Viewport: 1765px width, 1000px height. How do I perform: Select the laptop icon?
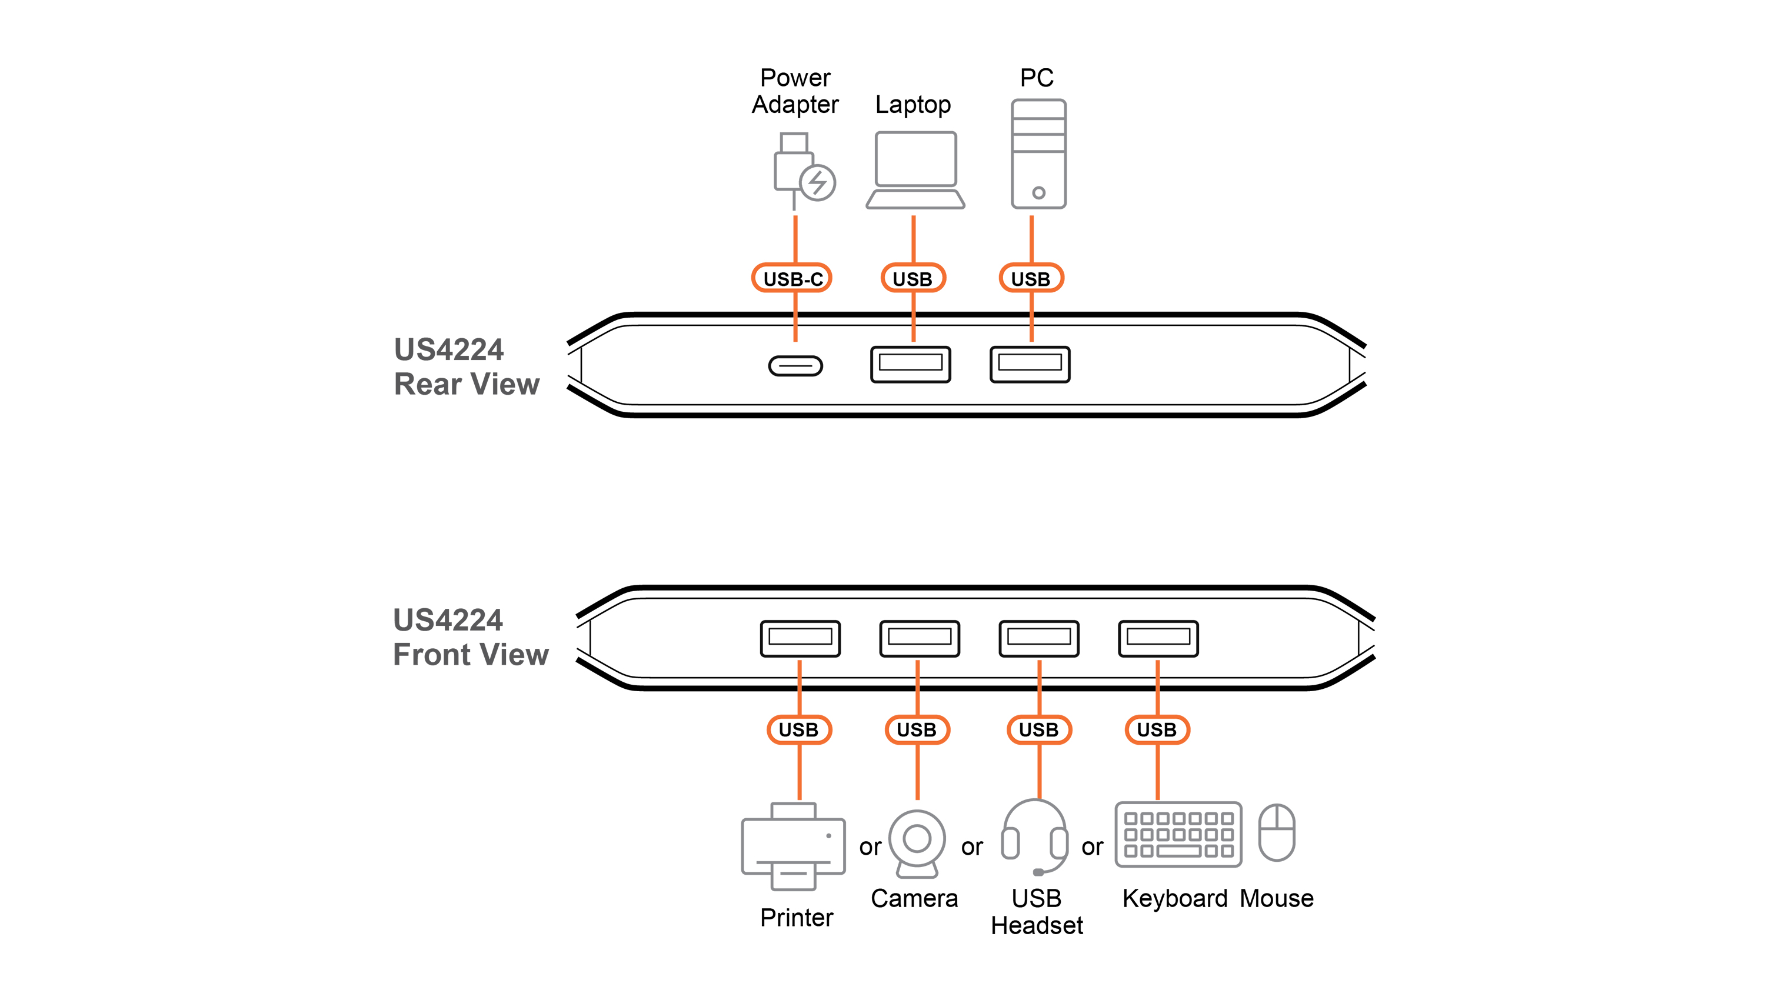point(915,169)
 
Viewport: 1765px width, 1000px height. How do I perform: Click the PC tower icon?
point(1038,154)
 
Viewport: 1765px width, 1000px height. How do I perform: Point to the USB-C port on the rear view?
point(795,366)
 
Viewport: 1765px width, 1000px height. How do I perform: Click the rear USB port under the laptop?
point(911,364)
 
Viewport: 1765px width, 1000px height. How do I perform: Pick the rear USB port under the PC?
point(1030,364)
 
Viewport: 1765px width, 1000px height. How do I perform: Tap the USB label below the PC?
point(1031,278)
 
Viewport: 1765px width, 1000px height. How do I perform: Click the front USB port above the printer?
point(800,639)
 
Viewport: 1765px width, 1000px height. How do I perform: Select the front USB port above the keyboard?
point(1158,639)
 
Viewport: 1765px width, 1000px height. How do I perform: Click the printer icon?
point(793,846)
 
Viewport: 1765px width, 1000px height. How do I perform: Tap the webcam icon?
point(917,844)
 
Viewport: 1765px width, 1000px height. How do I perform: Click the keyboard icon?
point(1178,835)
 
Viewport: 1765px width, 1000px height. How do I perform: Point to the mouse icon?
point(1277,832)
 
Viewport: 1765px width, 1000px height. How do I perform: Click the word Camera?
point(914,898)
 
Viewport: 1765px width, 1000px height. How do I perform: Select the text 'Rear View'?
point(467,384)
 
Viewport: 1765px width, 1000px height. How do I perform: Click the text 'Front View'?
point(471,655)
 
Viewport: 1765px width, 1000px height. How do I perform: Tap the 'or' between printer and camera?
point(870,848)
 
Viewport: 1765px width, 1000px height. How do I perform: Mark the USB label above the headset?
point(1038,729)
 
